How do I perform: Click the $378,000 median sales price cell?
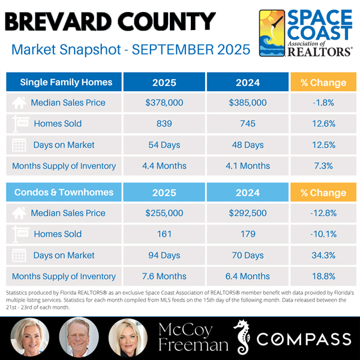click(x=164, y=103)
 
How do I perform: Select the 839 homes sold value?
click(x=164, y=124)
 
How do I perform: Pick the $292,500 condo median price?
click(x=248, y=213)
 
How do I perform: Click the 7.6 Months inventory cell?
click(x=164, y=276)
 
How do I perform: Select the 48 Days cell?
click(x=248, y=145)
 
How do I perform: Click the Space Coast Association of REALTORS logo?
click(x=305, y=33)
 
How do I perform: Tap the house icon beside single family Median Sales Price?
click(x=19, y=103)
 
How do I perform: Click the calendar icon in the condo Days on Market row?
click(x=19, y=255)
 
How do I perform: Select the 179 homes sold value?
click(x=248, y=234)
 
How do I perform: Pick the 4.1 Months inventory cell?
click(x=248, y=166)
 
